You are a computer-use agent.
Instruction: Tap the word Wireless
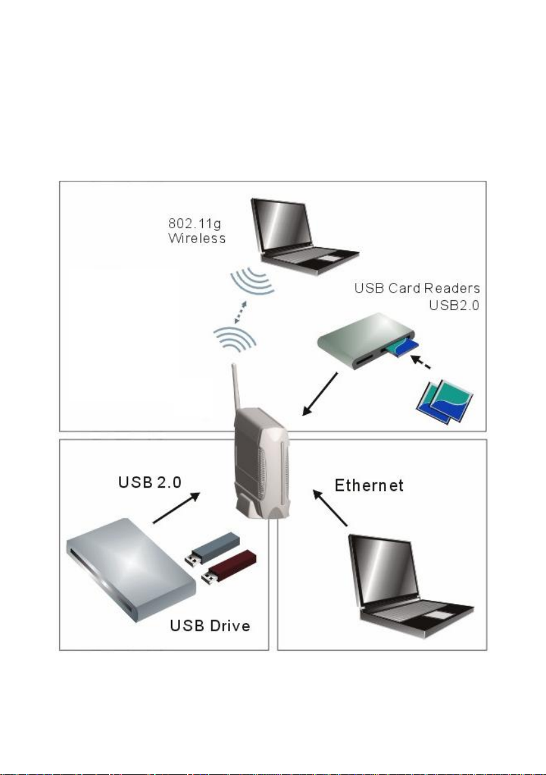197,238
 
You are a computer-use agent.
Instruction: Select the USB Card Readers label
417,288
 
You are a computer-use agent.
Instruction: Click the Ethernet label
369,485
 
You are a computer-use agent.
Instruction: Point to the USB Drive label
210,625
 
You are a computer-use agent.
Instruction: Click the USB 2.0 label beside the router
149,482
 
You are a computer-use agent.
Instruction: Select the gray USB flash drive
213,549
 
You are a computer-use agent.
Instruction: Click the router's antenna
235,391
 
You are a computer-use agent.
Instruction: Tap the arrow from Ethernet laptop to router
330,508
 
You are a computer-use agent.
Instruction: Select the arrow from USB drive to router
176,507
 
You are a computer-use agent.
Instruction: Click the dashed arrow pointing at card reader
421,361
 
